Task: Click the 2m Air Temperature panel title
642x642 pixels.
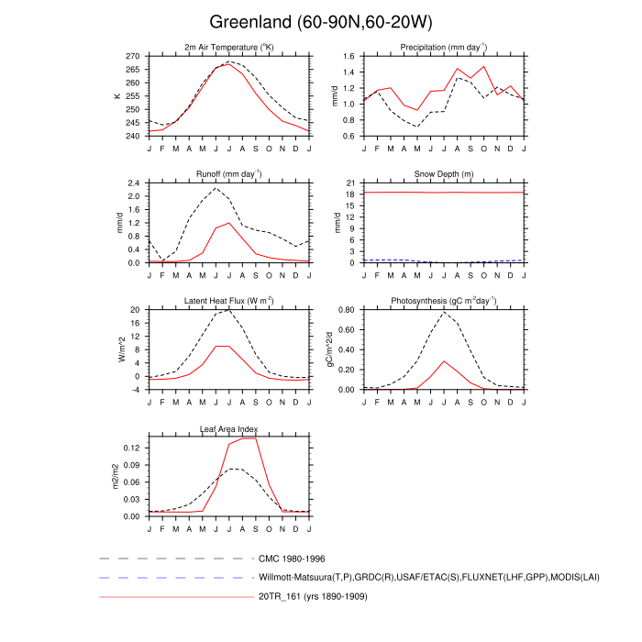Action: (229, 47)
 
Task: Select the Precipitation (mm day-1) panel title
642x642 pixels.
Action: (443, 47)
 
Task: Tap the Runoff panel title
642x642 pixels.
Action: (229, 174)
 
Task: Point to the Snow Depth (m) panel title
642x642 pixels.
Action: (443, 174)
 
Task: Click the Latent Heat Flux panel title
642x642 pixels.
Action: (229, 301)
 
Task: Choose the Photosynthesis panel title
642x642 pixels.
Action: (443, 301)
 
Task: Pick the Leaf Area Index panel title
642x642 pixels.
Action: (229, 428)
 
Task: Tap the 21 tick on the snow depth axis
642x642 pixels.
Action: (349, 183)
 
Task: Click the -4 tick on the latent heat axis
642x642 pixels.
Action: (134, 390)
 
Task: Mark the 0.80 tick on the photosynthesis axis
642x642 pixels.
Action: (345, 311)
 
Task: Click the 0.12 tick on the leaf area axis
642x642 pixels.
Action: (130, 448)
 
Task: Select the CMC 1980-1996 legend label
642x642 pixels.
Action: (293, 558)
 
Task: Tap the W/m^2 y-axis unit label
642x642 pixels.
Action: (116, 349)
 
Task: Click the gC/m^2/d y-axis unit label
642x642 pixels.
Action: (329, 349)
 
